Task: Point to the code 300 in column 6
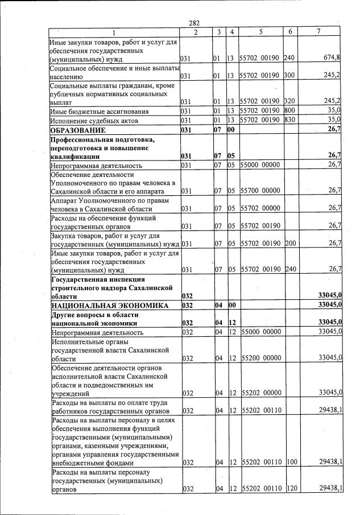coord(291,75)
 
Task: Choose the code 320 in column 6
coord(291,101)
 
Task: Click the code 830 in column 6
coord(291,120)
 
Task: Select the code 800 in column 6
coord(291,111)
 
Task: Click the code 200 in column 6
coord(291,244)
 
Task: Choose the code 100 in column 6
coord(291,463)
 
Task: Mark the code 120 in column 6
coord(291,489)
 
